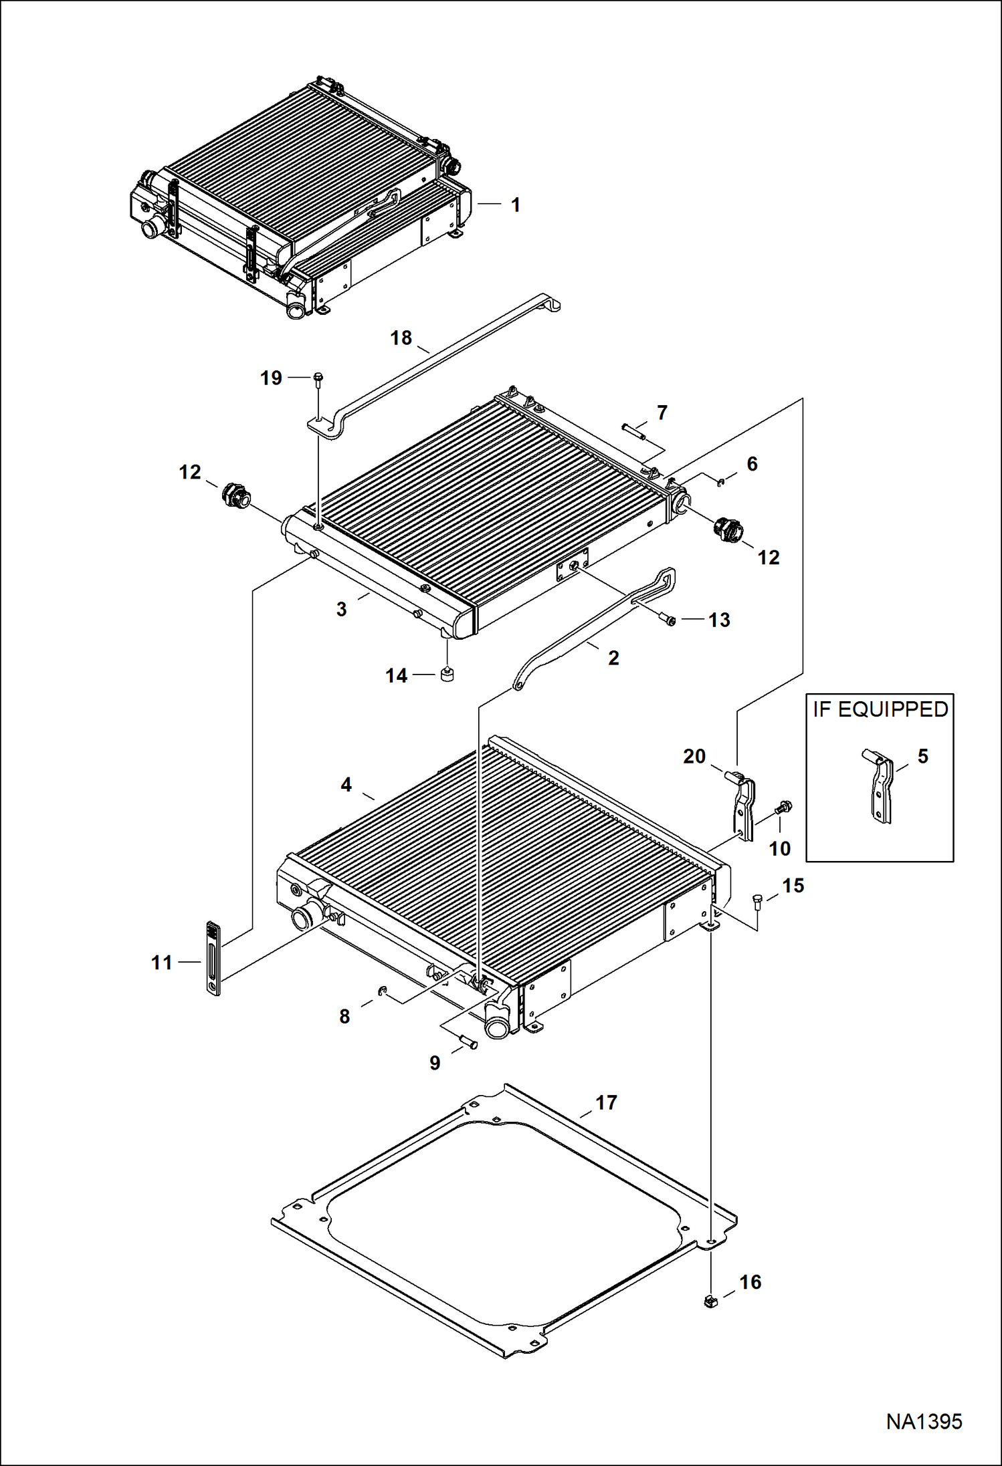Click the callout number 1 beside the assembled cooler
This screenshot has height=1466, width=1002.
click(515, 205)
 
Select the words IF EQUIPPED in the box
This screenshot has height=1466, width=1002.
click(880, 709)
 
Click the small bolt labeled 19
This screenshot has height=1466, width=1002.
click(318, 379)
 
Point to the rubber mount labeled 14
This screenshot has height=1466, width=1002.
click(447, 675)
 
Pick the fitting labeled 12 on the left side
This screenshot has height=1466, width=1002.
click(234, 496)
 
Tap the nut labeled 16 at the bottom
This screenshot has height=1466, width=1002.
click(711, 1301)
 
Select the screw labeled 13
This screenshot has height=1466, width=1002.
click(669, 621)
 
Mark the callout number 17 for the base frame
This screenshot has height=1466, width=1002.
click(606, 1102)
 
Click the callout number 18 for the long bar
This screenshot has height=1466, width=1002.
click(401, 338)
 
